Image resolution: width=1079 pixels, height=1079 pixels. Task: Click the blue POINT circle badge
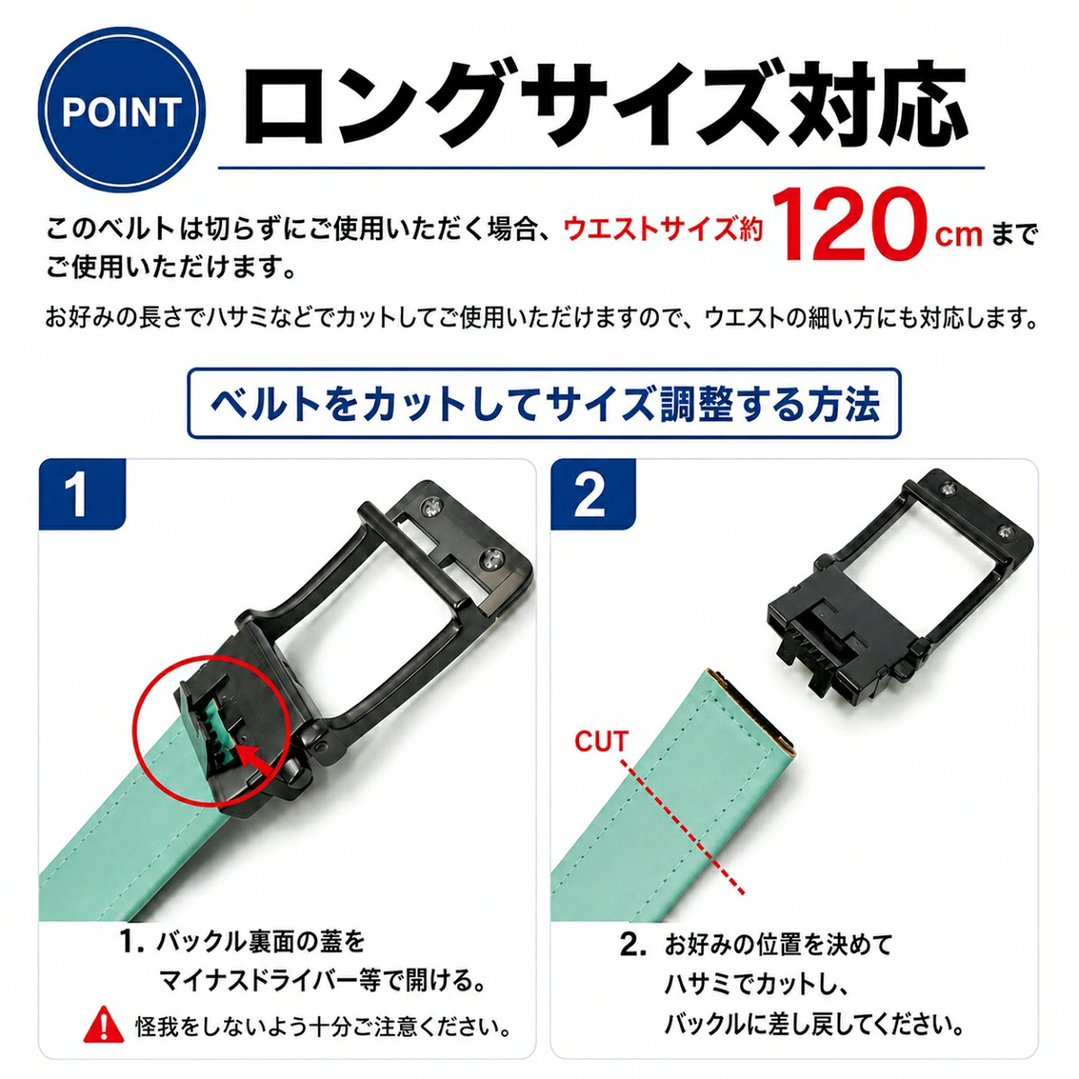[x=121, y=110]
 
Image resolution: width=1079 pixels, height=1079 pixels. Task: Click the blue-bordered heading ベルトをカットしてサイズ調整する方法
[x=544, y=404]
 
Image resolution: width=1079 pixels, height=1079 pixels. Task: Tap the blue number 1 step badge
[x=82, y=494]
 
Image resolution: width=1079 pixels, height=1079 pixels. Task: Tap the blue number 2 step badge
[x=593, y=494]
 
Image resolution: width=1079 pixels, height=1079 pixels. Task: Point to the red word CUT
[x=601, y=741]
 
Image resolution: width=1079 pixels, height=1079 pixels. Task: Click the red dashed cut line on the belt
[x=682, y=826]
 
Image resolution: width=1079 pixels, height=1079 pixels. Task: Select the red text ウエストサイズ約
[x=663, y=229]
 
